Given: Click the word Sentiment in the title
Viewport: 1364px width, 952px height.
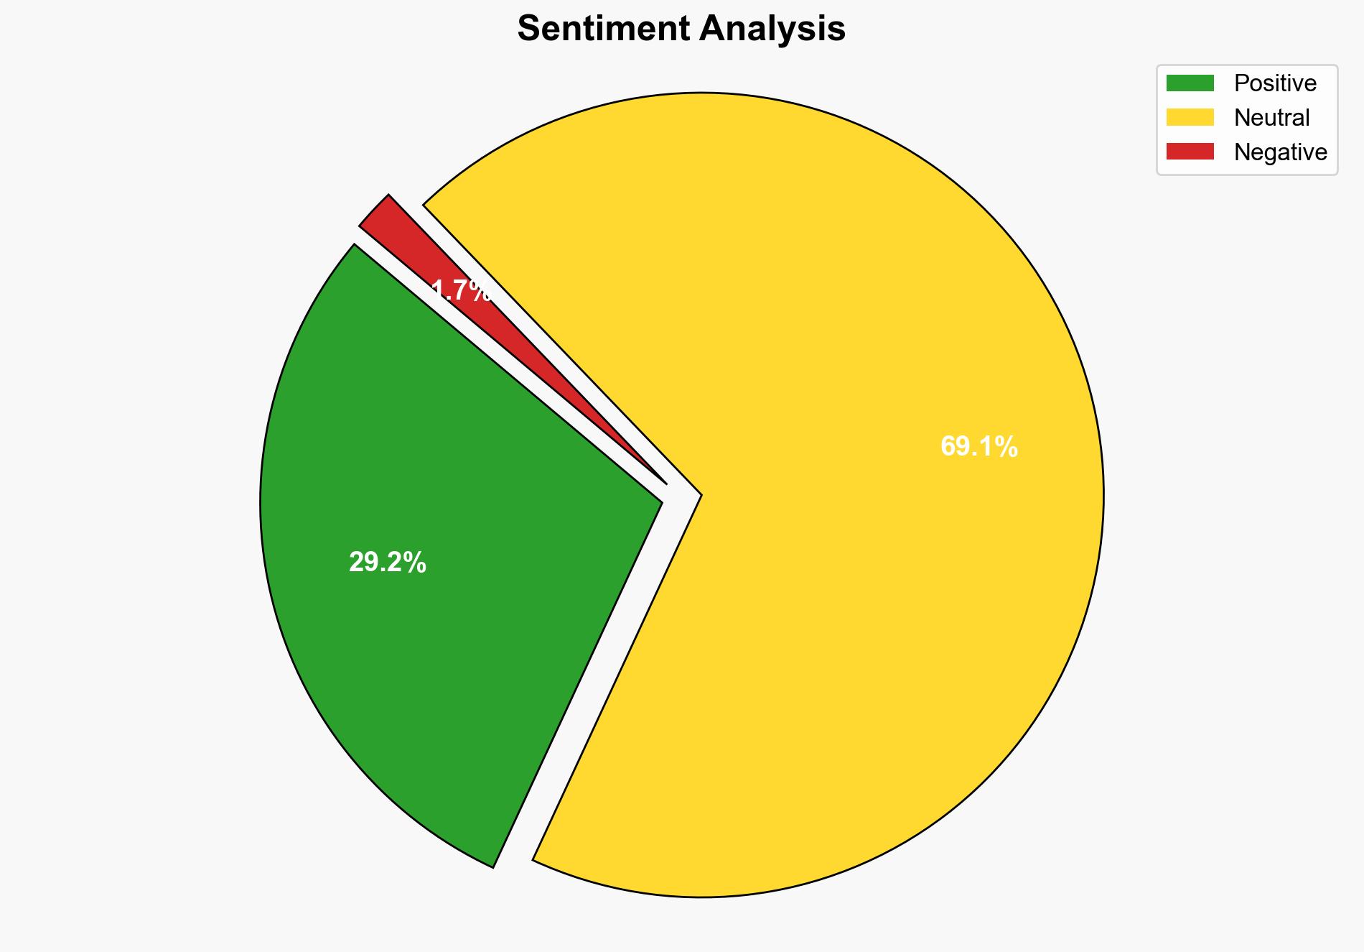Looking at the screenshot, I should (604, 29).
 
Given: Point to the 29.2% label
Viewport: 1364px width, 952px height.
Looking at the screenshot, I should (388, 563).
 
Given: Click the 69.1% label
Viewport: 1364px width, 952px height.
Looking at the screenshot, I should (978, 447).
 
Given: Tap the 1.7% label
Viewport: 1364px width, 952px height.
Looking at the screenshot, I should (462, 291).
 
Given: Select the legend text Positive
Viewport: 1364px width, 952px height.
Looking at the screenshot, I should (1275, 83).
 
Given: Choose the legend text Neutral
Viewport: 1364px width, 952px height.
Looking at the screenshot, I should (1271, 118).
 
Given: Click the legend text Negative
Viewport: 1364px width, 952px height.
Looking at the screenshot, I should (1280, 152).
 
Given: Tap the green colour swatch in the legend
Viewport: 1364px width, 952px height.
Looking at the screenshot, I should (1190, 83).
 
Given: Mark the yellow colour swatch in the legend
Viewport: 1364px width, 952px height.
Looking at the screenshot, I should (1190, 117).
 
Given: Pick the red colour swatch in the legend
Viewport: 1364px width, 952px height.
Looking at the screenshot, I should (1190, 152).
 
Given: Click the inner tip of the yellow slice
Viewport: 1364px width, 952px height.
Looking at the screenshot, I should (697, 495).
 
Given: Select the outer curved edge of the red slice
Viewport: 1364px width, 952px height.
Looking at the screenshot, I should (374, 209).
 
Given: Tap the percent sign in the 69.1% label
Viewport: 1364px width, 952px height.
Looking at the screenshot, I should (1009, 447).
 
